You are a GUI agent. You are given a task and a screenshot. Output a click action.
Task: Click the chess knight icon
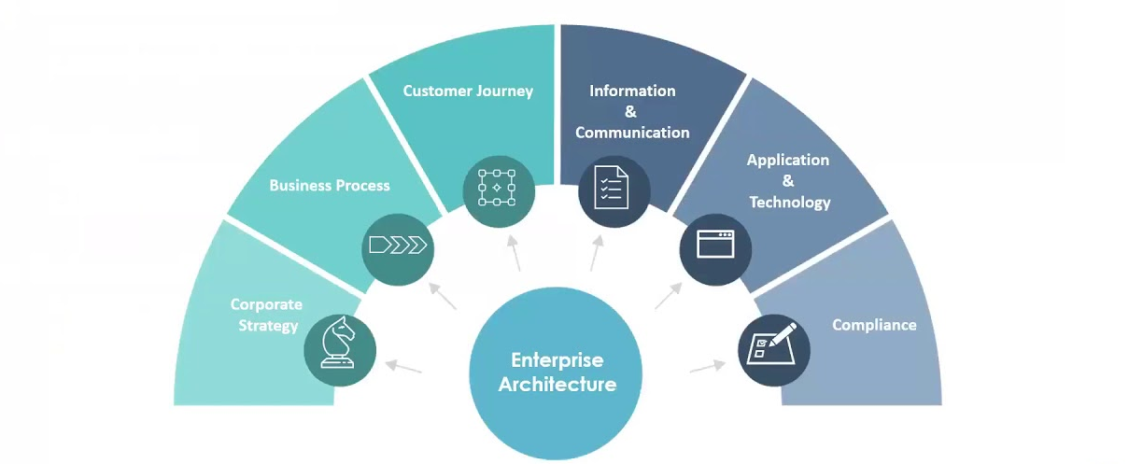(340, 343)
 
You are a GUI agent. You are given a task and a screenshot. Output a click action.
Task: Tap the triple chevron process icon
(398, 246)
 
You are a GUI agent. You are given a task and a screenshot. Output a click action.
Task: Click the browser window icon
(715, 245)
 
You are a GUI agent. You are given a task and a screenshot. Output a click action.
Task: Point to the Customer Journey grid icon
(498, 185)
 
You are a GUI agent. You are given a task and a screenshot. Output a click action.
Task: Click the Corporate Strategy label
(266, 315)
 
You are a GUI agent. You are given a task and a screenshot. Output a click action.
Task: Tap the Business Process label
(330, 185)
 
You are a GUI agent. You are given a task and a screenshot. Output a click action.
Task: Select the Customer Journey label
(468, 91)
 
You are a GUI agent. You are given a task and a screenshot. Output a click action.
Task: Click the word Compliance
(874, 325)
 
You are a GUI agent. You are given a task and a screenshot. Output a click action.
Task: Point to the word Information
(632, 91)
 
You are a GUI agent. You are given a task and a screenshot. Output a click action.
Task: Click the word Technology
(789, 202)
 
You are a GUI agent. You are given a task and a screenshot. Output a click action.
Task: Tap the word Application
(788, 160)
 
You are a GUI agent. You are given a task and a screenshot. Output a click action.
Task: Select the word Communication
(632, 133)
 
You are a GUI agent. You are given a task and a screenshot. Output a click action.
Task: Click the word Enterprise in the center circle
(557, 359)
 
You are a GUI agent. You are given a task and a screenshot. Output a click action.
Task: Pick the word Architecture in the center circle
(557, 384)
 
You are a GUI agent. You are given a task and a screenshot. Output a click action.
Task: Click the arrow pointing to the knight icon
(404, 367)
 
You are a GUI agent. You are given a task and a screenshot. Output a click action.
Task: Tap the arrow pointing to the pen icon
(708, 367)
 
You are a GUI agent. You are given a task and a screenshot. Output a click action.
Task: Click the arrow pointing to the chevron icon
(444, 295)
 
